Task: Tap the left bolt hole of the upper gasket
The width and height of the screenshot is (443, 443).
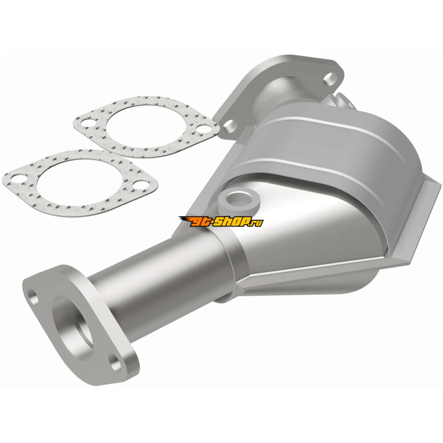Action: tap(87, 123)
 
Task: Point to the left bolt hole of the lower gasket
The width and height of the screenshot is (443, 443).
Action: tap(18, 178)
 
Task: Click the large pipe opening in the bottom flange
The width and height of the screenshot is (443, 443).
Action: tap(74, 328)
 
